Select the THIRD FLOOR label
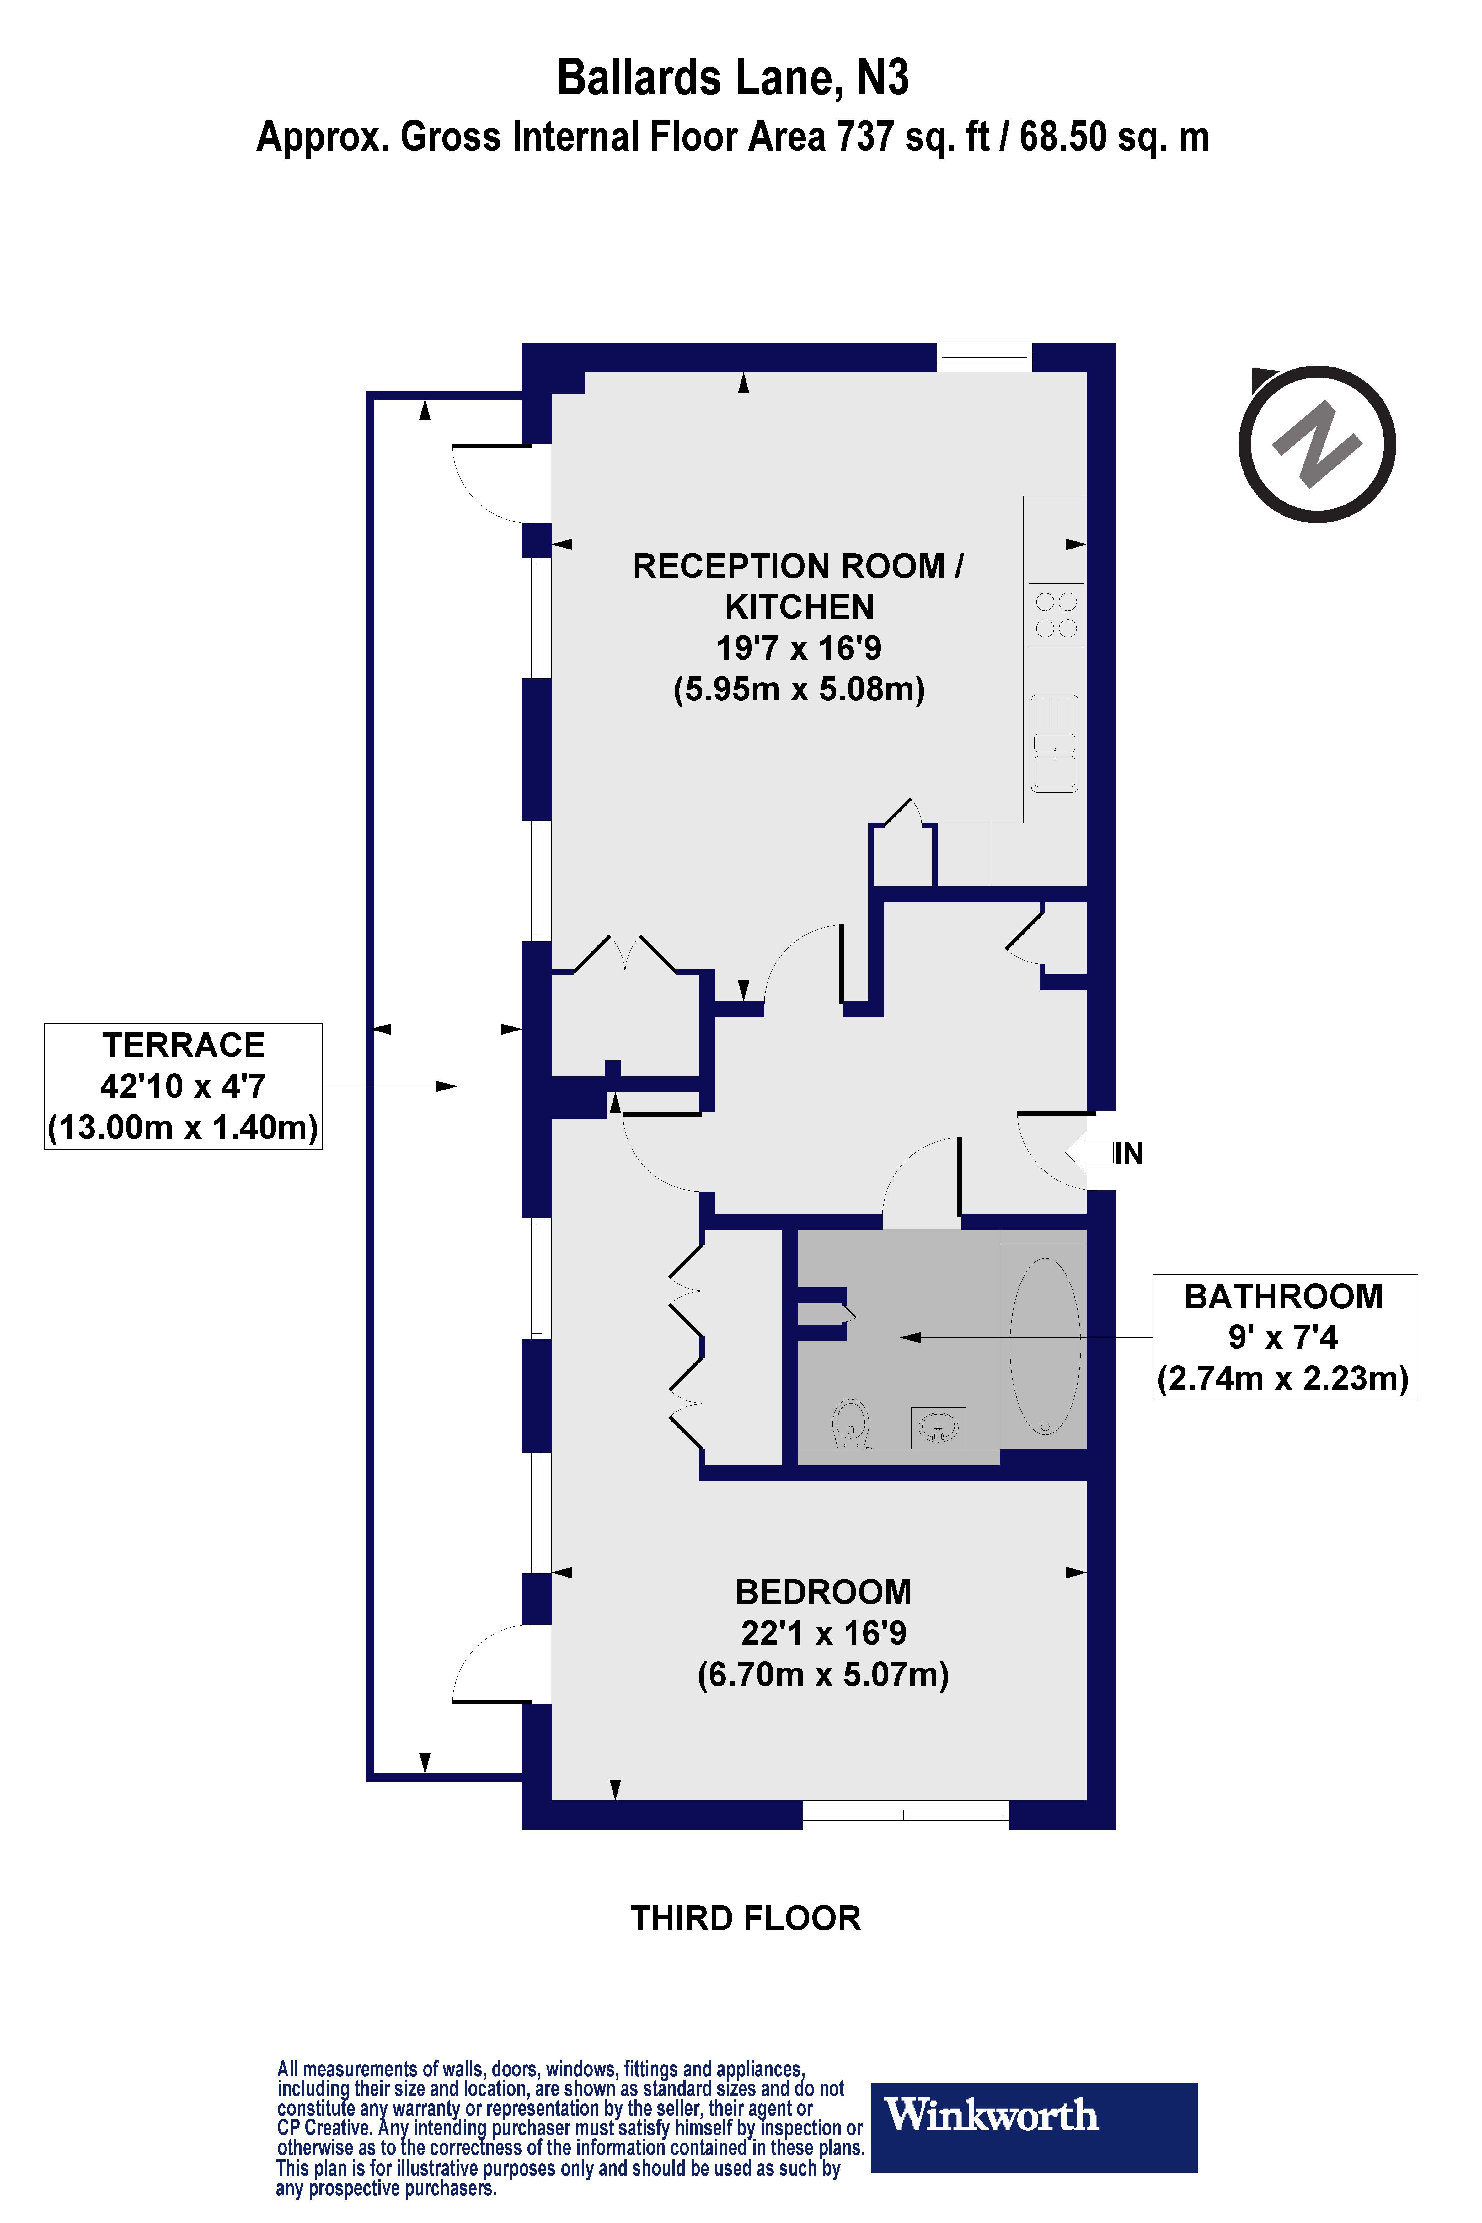746,1919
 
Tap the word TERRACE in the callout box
183,1045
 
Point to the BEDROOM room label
823,1593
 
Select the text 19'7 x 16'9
799,648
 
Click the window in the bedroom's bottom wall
906,1815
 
